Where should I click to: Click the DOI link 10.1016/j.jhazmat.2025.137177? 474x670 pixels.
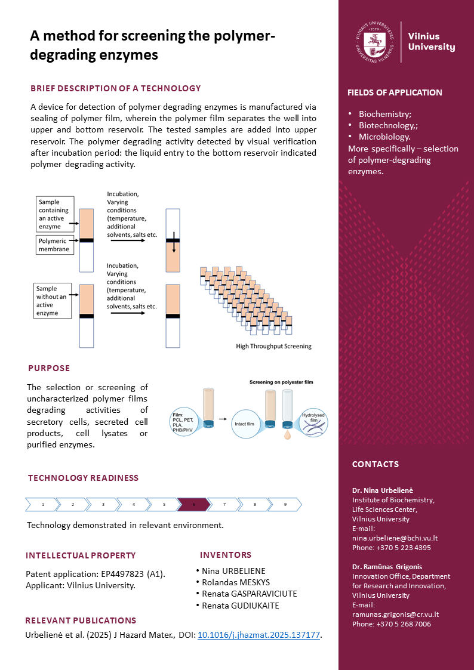259,635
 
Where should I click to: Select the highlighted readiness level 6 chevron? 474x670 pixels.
193,504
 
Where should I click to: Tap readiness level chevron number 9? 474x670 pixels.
285,504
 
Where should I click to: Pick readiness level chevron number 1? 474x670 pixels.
42,504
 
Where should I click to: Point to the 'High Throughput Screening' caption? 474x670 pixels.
273,346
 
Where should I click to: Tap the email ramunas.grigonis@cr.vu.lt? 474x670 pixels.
396,614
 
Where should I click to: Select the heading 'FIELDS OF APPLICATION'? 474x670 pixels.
395,92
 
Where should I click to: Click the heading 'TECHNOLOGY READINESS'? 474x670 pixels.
83,478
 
